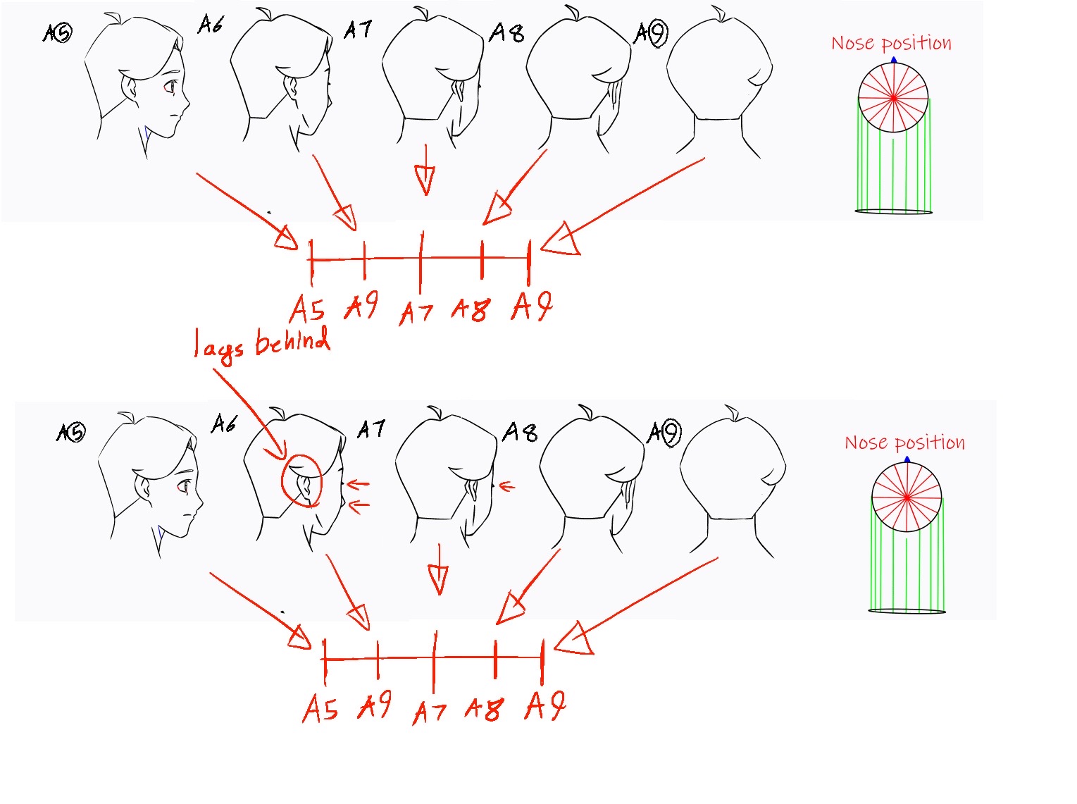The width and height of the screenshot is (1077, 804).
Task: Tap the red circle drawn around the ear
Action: click(301, 481)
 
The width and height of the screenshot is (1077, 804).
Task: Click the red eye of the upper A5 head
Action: click(170, 87)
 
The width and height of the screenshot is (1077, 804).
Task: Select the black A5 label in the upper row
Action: click(57, 32)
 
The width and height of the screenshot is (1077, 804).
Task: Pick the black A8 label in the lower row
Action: click(520, 431)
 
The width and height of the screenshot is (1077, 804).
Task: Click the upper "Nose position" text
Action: click(891, 44)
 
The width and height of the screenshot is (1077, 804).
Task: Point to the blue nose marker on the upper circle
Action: click(894, 61)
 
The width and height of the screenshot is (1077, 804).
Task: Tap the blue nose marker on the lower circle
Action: click(907, 460)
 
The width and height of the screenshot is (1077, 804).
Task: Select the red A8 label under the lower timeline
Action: click(485, 708)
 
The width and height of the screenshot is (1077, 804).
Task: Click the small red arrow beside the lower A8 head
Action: click(507, 486)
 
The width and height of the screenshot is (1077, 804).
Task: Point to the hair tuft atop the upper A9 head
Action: click(718, 13)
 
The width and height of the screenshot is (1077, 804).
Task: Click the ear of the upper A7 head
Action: click(460, 91)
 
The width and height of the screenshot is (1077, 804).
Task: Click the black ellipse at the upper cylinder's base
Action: click(894, 211)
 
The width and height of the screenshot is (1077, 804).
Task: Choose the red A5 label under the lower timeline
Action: click(321, 708)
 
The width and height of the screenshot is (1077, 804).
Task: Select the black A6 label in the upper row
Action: click(211, 25)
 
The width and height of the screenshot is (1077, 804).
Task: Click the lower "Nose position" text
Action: click(904, 443)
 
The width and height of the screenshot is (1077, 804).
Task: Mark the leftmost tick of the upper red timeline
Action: click(311, 261)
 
